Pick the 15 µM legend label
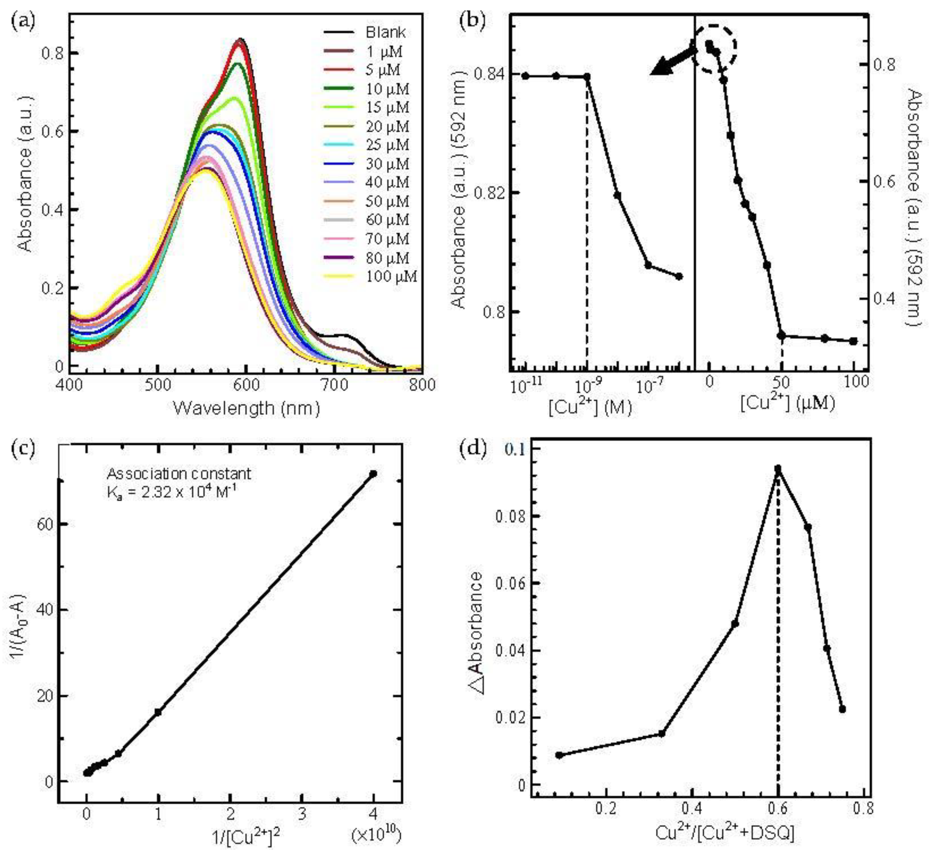(387, 107)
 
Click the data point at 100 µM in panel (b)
(853, 341)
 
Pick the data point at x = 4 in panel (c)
(373, 474)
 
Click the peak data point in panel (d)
(778, 469)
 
